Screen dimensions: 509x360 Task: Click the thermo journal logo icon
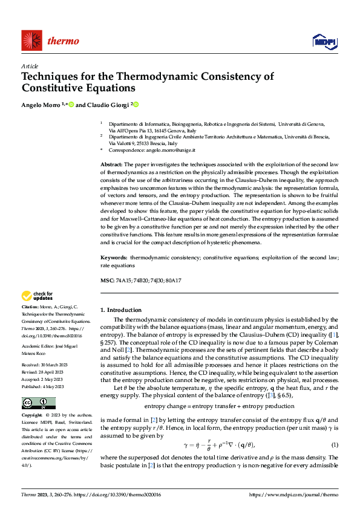coord(31,41)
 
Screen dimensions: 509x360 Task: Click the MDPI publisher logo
coord(324,41)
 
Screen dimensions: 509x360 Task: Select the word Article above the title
coord(30,66)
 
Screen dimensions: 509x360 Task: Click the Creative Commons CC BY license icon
coord(38,403)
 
